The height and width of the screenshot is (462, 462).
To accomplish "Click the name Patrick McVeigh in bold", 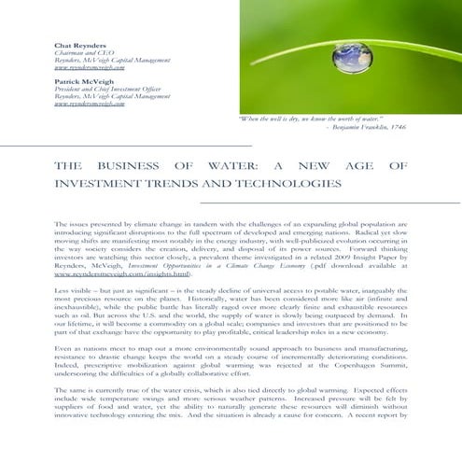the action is [x=80, y=81].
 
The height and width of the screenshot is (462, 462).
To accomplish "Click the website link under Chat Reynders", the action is [x=90, y=68].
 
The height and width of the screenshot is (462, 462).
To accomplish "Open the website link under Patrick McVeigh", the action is [x=90, y=105].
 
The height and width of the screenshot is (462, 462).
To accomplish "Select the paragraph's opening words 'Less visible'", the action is [x=75, y=290].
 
